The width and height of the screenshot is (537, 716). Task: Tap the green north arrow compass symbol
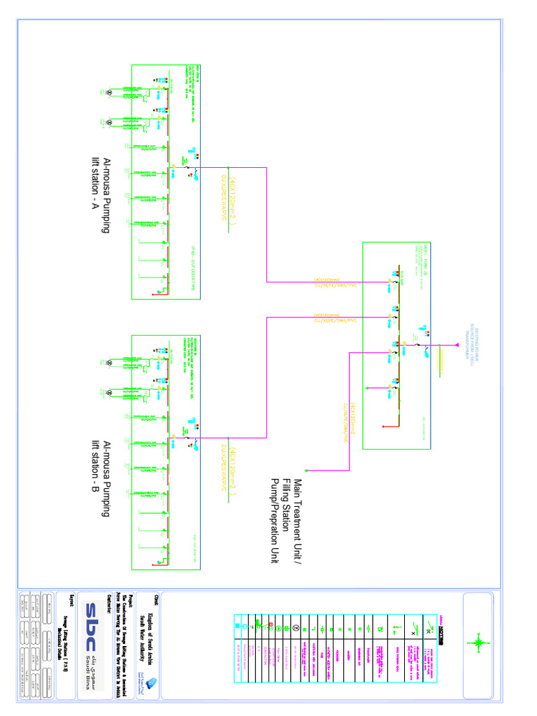click(x=479, y=641)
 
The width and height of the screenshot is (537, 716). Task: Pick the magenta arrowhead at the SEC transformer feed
click(x=445, y=345)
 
